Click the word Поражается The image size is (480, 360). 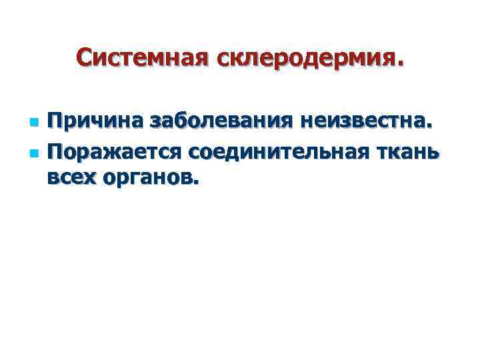click(x=113, y=153)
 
